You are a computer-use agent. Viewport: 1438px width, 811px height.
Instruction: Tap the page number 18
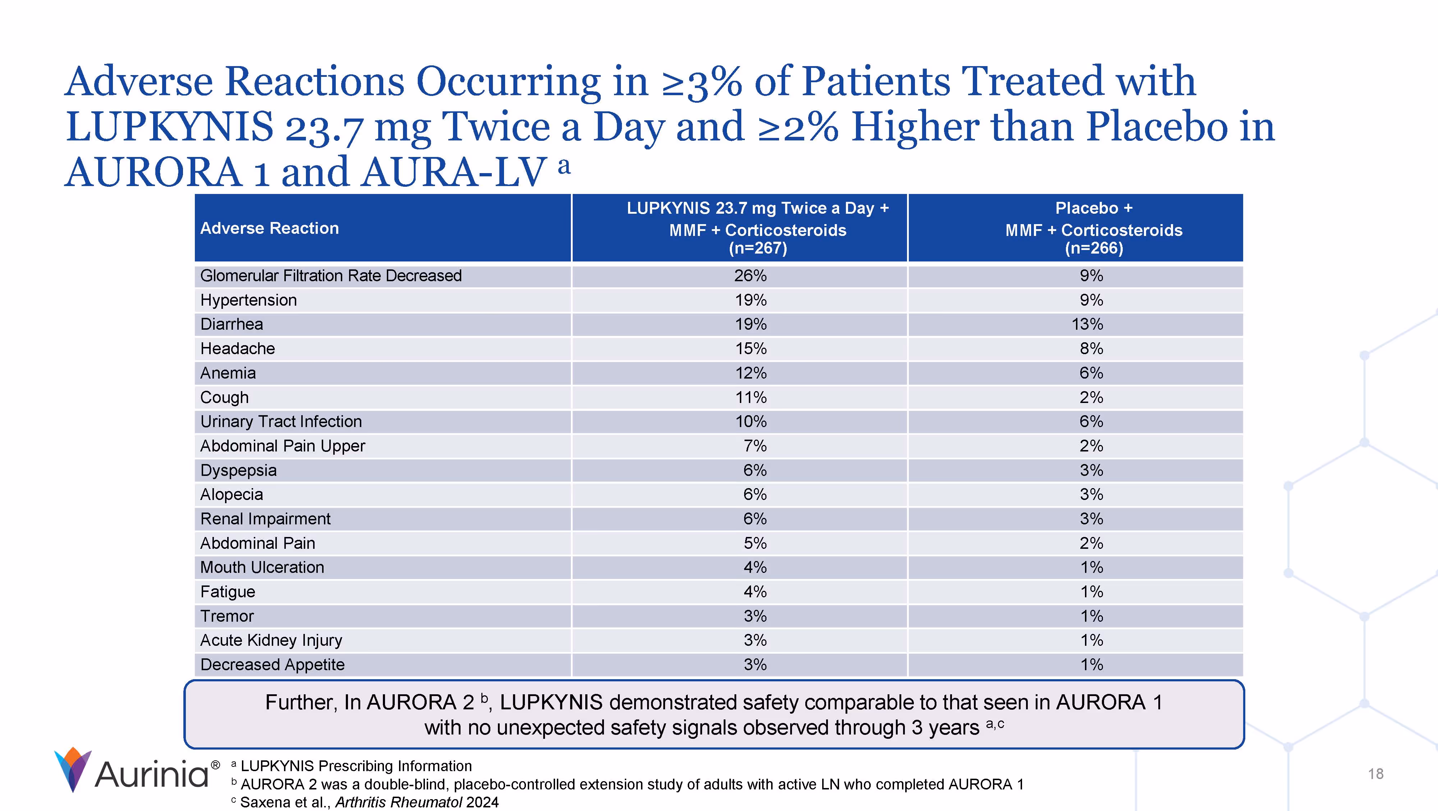1375,774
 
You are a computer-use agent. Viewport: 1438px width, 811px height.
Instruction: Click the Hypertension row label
248,300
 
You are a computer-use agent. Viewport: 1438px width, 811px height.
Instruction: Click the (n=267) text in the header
757,248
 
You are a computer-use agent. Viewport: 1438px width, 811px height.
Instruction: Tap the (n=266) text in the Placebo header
1094,248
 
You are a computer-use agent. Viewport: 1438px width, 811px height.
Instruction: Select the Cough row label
224,397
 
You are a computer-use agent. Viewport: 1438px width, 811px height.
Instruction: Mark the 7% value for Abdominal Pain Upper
755,446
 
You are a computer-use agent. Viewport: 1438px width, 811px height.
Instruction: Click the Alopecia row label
231,494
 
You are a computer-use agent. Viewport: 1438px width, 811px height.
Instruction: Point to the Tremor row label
226,616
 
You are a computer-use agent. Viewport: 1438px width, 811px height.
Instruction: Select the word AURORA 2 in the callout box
420,702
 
